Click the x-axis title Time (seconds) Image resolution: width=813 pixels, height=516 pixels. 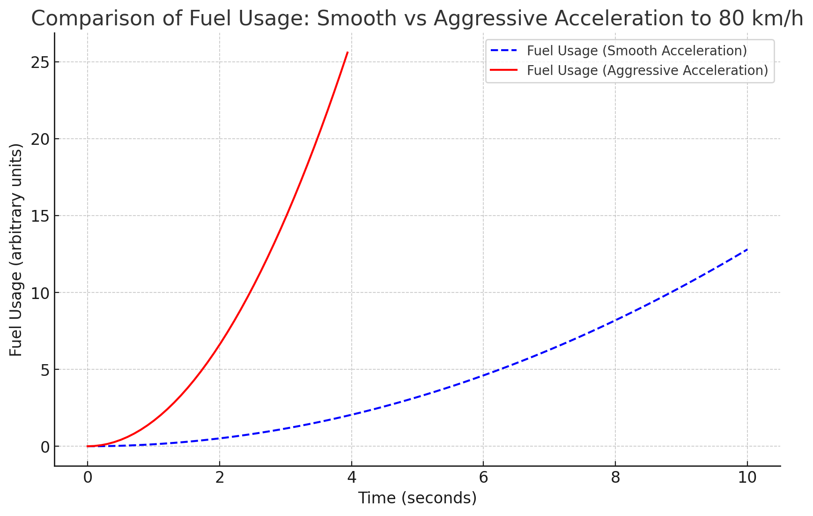(417, 498)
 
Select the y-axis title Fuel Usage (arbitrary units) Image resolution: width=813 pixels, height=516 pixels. (16, 250)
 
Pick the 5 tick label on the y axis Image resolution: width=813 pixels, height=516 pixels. (45, 370)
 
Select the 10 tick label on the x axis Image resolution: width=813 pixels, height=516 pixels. (747, 478)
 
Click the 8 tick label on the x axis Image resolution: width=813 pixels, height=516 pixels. (615, 478)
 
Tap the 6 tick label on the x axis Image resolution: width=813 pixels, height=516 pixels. (483, 478)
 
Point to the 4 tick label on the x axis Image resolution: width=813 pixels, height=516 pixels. (351, 478)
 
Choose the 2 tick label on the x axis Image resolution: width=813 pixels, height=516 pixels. (219, 478)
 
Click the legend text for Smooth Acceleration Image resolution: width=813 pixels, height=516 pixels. (636, 51)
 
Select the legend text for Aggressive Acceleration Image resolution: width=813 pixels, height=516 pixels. (647, 70)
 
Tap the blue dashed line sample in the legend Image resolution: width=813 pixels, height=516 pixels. (504, 50)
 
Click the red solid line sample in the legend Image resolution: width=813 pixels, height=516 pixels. (504, 70)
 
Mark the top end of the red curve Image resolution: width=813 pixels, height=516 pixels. (347, 52)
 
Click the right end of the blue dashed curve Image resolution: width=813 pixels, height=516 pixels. (747, 250)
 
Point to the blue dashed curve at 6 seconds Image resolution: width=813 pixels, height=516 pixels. (483, 375)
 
